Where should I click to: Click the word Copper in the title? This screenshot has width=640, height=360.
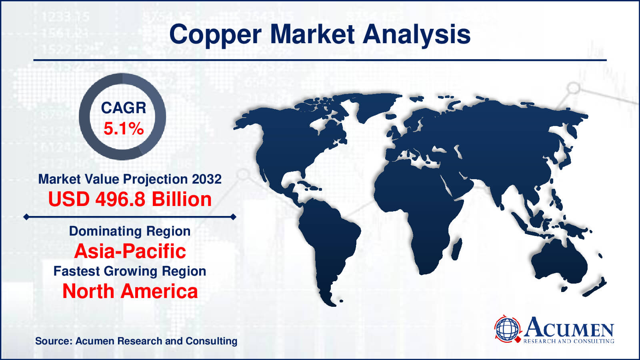(x=215, y=35)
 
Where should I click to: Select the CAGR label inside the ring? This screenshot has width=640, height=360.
(x=123, y=108)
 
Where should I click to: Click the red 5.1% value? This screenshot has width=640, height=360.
(x=123, y=129)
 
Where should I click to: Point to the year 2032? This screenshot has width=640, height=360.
(x=206, y=179)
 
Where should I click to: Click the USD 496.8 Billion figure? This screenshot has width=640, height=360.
(x=130, y=199)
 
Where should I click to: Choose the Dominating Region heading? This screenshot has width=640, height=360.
(x=130, y=231)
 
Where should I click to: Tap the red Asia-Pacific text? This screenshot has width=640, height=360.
(x=130, y=251)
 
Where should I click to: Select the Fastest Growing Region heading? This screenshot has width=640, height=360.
(x=130, y=271)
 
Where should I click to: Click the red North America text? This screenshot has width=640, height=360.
(x=130, y=291)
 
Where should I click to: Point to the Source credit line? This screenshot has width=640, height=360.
(x=136, y=341)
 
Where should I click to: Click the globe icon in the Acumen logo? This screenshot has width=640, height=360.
(x=507, y=329)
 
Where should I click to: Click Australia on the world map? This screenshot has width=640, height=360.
(x=560, y=262)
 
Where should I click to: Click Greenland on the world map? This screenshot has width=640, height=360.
(x=374, y=106)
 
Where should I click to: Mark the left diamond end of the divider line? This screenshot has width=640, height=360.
(x=26, y=217)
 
